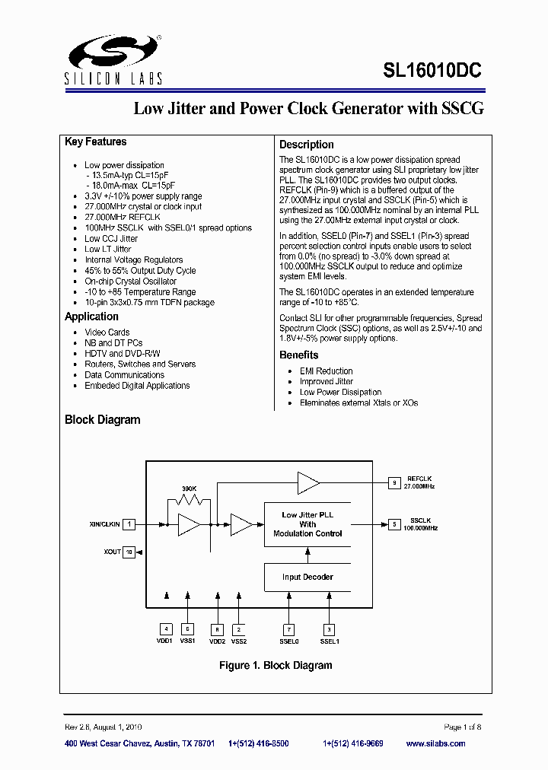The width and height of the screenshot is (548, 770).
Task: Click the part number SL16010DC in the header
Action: pos(432,71)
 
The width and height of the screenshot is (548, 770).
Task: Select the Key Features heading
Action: pos(96,142)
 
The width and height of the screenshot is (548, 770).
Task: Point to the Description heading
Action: pos(306,145)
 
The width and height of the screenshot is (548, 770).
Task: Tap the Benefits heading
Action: pos(298,355)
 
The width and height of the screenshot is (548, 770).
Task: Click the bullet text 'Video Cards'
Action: pos(107,332)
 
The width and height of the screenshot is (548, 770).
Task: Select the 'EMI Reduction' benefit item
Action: pos(326,371)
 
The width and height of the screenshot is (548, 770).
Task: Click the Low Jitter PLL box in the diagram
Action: pos(307,524)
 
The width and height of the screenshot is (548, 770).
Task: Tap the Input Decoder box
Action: pos(307,577)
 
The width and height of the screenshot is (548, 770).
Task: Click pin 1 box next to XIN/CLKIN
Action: pos(130,524)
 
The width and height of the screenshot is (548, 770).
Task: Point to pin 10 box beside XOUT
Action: pos(129,552)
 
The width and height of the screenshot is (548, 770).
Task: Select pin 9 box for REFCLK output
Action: pos(394,482)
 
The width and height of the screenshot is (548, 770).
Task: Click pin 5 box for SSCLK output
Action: pos(394,524)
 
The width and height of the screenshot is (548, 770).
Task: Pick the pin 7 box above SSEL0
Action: pos(288,629)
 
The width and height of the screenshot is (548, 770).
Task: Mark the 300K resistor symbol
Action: pos(189,501)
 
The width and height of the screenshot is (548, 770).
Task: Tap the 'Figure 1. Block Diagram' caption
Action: pos(276,666)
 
